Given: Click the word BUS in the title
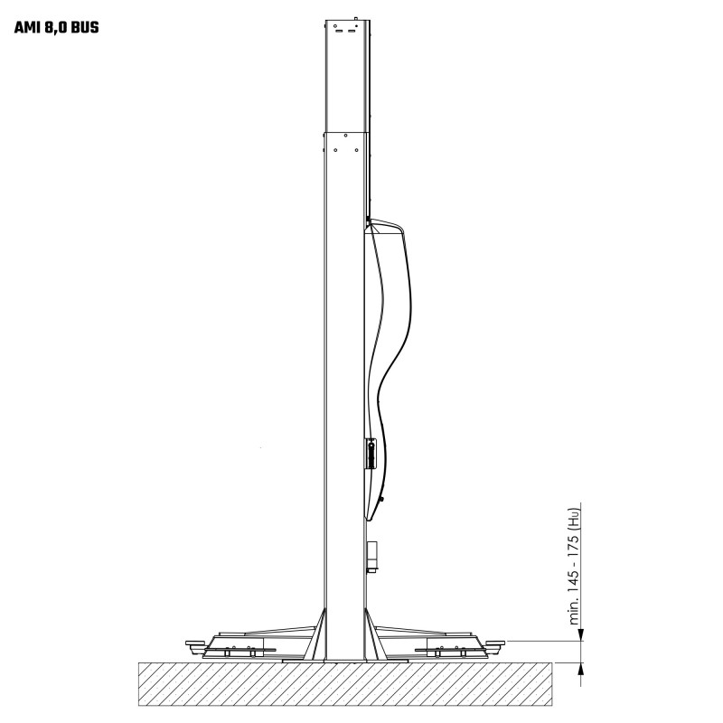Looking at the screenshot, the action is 85,28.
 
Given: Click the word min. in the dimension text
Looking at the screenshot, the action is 574,611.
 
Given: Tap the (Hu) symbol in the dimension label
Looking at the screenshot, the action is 574,517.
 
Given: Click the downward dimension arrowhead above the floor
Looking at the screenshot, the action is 581,635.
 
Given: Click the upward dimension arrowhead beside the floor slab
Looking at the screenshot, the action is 581,669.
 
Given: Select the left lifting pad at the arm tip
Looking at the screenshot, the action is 195,643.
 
